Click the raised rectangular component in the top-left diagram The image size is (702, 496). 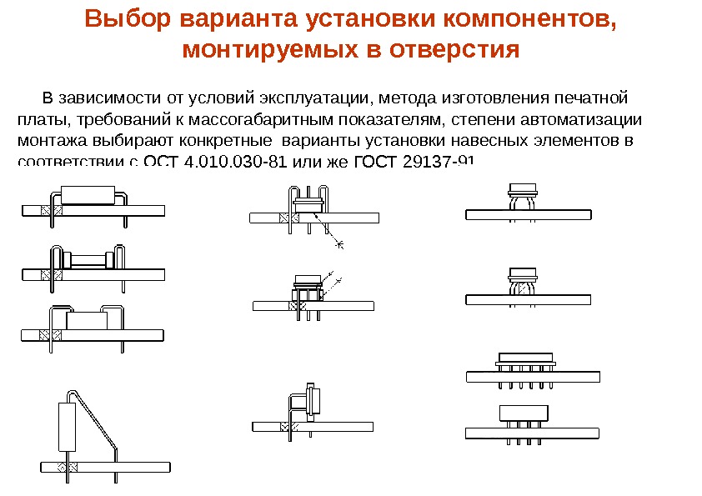point(88,193)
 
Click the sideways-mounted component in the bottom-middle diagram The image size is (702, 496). point(313,402)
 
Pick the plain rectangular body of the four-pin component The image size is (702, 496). point(523,412)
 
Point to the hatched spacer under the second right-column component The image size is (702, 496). point(524,285)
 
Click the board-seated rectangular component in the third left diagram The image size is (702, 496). point(87,321)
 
